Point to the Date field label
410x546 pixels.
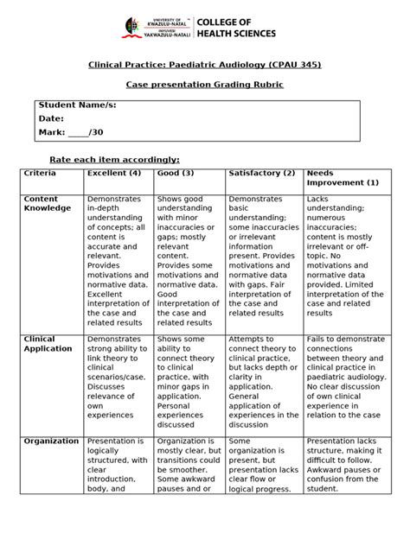52,118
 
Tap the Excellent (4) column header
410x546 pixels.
116,174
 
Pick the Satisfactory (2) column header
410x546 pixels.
261,174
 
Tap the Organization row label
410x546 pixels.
51,441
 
